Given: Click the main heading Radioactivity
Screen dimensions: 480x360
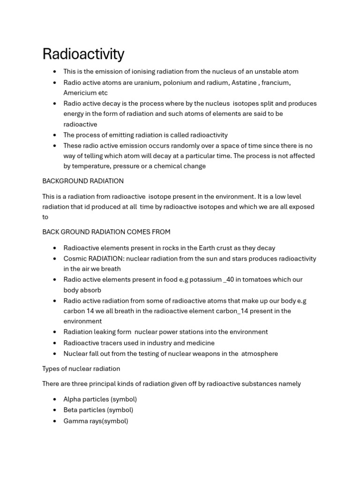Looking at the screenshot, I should coord(83,54).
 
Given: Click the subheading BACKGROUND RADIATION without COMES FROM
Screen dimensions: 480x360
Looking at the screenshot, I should coord(83,180).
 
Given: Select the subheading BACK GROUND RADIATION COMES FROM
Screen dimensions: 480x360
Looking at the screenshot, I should coord(106,232).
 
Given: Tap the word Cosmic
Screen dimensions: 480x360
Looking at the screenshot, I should coord(75,258).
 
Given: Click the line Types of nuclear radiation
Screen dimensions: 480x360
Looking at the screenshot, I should coord(81,368).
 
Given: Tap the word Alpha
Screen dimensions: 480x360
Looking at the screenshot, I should coord(73,399).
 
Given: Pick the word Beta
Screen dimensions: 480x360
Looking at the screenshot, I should coord(71,410).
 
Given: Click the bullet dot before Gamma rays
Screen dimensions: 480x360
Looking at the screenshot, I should coord(55,421).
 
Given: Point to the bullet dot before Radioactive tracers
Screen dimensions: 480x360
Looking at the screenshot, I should coord(55,343).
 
